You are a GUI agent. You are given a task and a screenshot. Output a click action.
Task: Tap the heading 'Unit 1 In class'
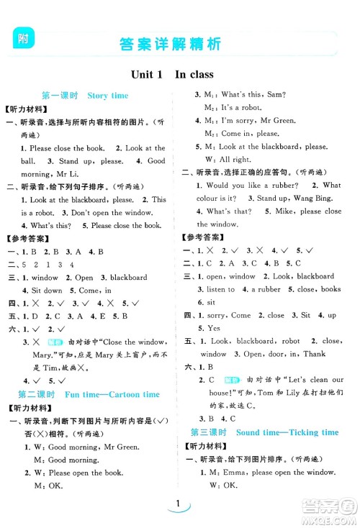(172, 74)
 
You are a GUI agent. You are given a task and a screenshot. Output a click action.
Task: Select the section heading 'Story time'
(107, 95)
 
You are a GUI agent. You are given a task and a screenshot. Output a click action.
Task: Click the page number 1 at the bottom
(176, 505)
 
